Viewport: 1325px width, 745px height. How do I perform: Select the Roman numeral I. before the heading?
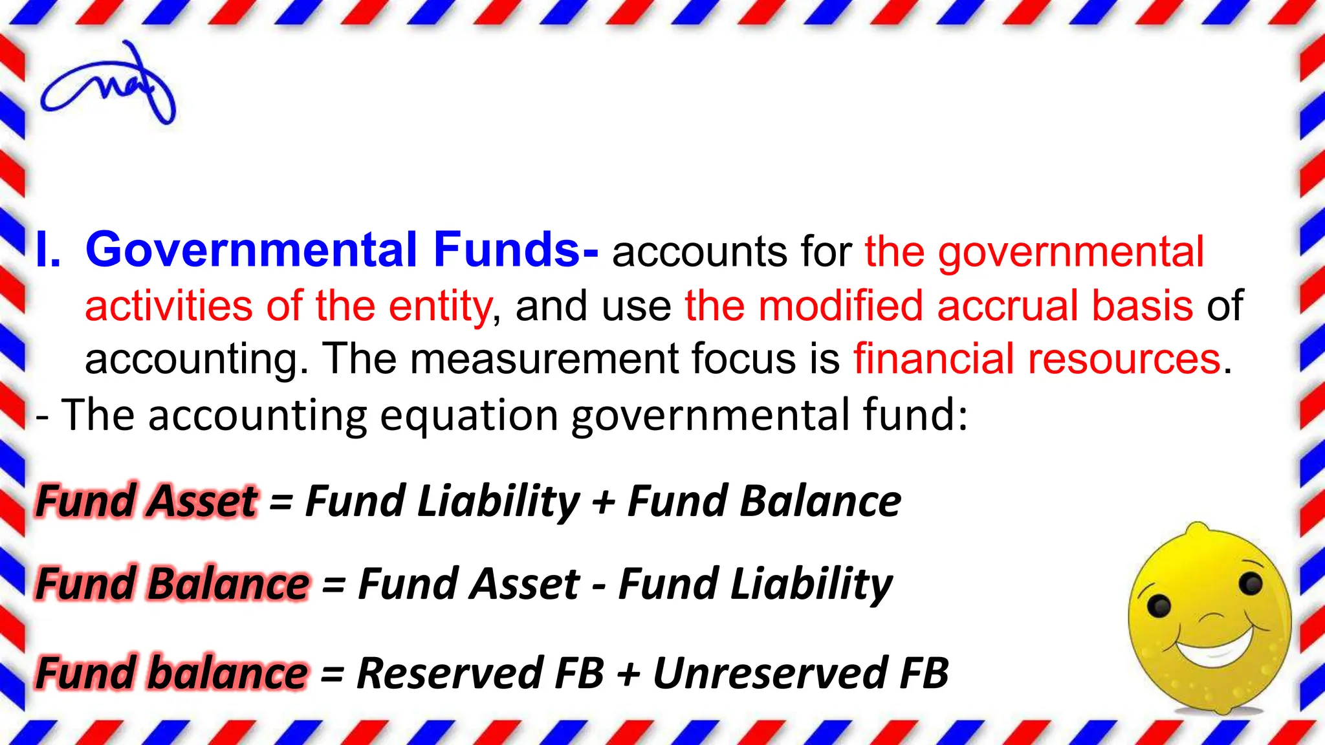tap(49, 251)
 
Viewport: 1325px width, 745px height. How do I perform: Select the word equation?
tap(469, 416)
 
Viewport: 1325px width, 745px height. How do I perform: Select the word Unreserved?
tap(770, 673)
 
